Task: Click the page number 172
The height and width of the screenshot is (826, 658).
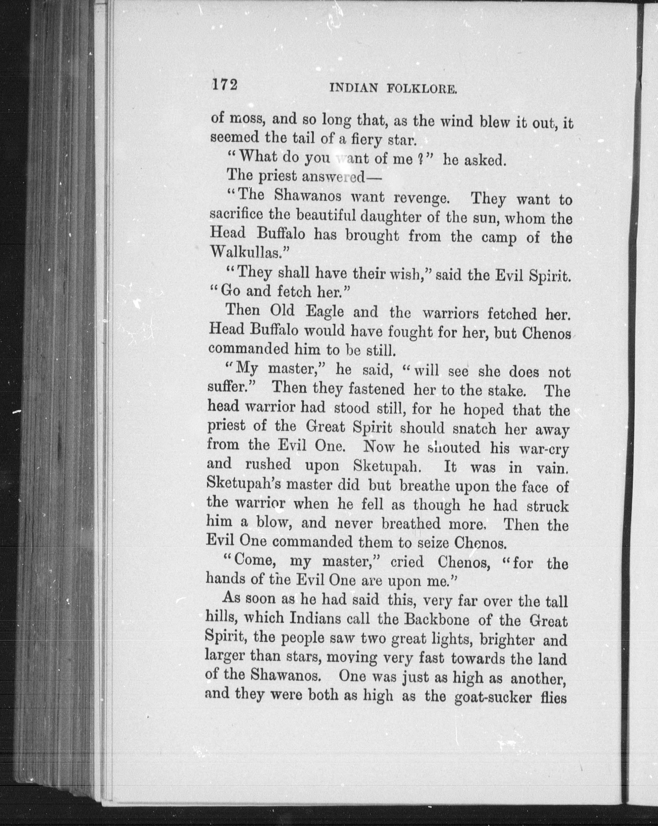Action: click(x=225, y=85)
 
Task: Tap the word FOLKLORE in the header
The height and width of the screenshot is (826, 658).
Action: click(x=422, y=89)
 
